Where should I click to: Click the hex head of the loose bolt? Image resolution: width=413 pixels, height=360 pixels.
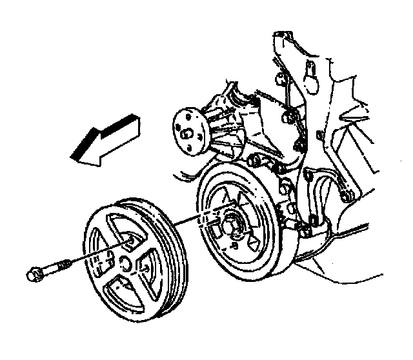pos(33,274)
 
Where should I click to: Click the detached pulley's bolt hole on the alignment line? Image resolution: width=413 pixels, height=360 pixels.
pos(130,241)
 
